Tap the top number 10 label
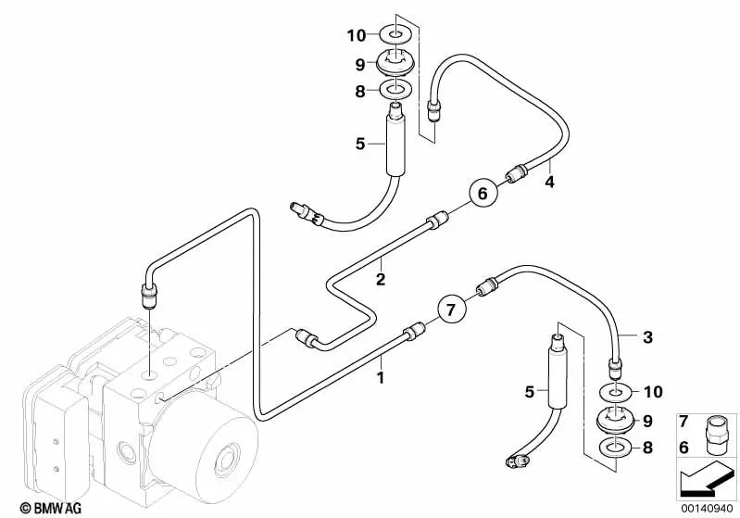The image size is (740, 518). (x=357, y=36)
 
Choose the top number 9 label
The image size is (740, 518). (x=357, y=65)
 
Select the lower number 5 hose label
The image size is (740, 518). (x=530, y=392)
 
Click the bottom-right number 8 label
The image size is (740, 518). (x=647, y=448)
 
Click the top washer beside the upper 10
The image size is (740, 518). (x=398, y=36)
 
